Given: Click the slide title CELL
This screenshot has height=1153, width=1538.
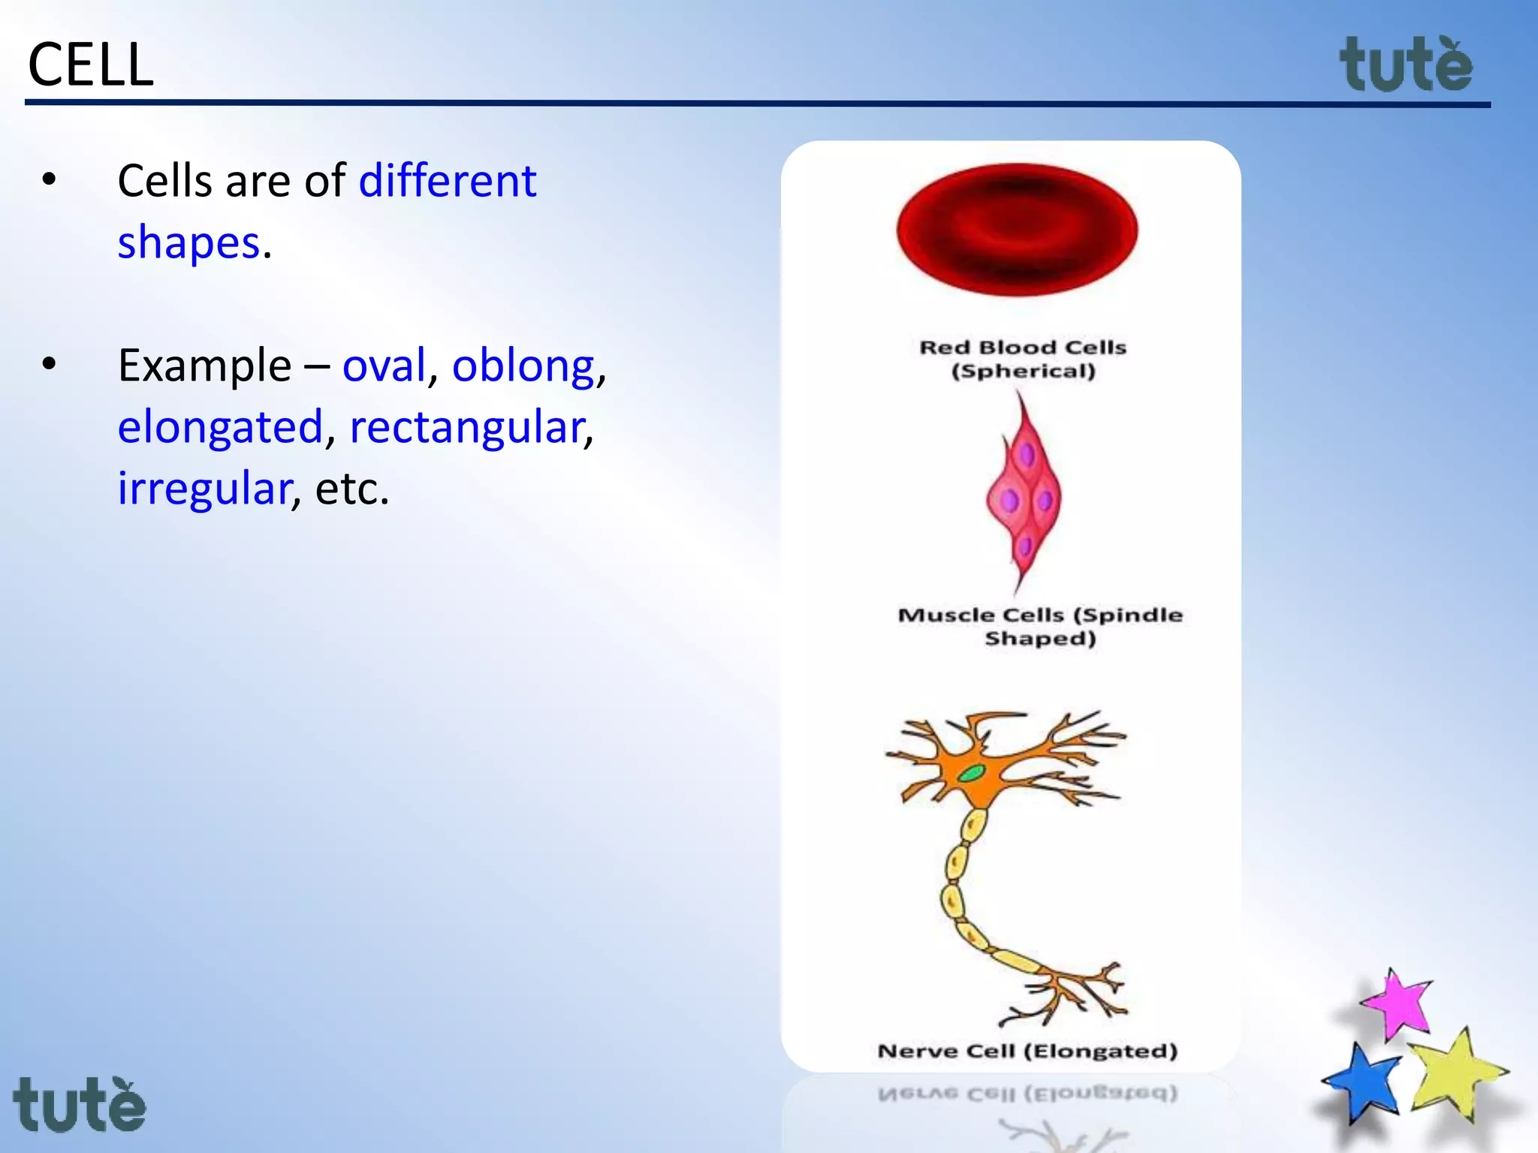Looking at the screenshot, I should [90, 65].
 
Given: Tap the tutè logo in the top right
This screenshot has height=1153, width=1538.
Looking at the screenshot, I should [1406, 66].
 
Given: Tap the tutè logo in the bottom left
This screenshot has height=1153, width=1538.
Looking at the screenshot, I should [80, 1105].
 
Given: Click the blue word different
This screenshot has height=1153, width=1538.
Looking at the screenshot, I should [448, 181].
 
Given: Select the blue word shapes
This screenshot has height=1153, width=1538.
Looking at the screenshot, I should [188, 243].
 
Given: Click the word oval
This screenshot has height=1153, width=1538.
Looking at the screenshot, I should [384, 366].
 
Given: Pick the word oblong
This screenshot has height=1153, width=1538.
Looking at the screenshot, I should [523, 366].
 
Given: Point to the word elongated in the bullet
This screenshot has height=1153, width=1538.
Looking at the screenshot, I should [220, 428].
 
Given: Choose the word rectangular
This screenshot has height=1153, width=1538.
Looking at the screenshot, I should [466, 428].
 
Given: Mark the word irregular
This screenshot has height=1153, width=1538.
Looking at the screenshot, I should [204, 489].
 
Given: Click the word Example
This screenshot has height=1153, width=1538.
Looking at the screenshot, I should [204, 366].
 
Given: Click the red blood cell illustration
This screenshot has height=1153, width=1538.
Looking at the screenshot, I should [1017, 229].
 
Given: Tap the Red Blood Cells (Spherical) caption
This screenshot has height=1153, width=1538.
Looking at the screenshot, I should [1023, 359].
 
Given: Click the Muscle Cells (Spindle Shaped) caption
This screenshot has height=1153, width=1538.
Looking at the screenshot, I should [1040, 626].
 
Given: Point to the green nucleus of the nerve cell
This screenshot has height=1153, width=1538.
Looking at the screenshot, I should [972, 772].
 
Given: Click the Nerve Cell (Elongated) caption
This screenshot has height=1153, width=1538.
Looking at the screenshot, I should [1027, 1051].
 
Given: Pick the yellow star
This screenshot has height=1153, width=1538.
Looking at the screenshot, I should [1454, 1073].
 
